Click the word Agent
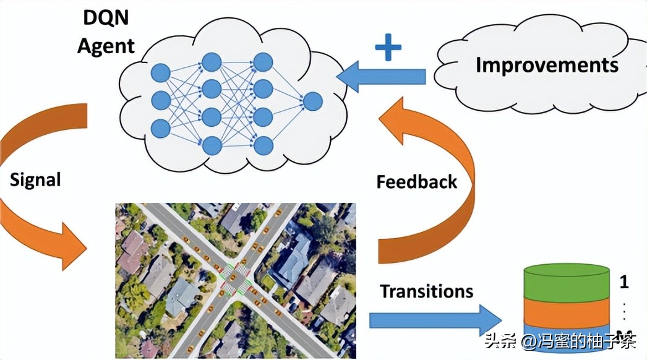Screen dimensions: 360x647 tap(106, 46)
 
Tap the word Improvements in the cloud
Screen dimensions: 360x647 tap(547, 65)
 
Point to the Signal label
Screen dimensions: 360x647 tap(35, 180)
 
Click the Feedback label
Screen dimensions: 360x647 tap(417, 182)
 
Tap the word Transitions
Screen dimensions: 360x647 tap(426, 291)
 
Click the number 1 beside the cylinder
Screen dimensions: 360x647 tap(624, 283)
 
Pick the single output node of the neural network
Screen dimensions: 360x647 tap(312, 101)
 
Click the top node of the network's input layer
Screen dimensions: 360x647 tap(160, 71)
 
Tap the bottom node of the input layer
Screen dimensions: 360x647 tap(160, 128)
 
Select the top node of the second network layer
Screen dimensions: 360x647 tap(212, 61)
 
